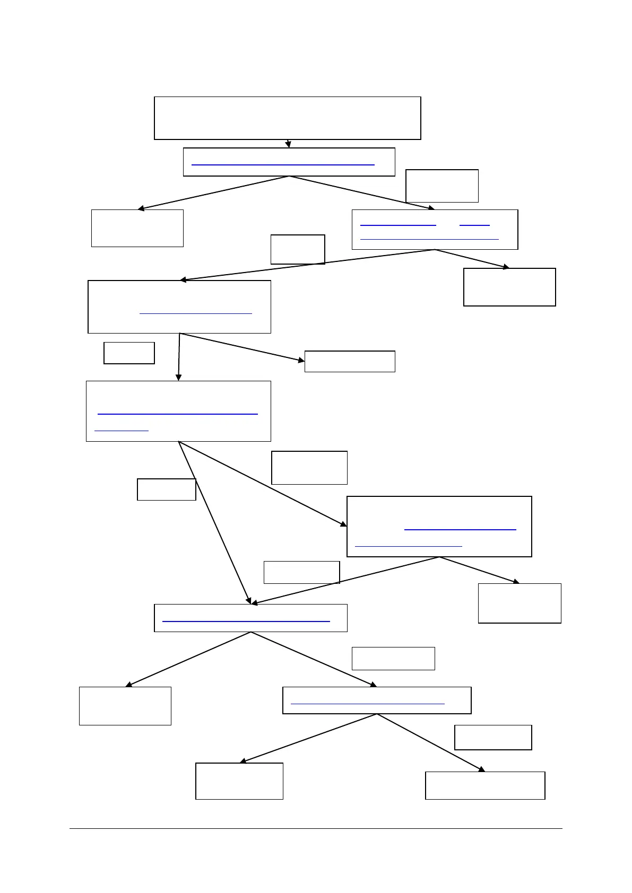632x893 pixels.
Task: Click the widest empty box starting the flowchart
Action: point(287,118)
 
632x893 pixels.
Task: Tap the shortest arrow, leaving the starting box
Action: point(288,143)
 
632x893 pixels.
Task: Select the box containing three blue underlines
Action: point(435,229)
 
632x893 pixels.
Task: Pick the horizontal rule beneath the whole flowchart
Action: point(316,828)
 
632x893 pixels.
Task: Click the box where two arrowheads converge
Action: point(250,618)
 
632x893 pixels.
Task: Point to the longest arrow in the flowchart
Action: point(308,265)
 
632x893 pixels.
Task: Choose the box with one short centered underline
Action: point(179,307)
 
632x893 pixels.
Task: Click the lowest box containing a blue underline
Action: point(377,700)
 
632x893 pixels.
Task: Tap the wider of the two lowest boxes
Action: point(485,785)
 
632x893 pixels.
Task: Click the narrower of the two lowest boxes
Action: point(239,781)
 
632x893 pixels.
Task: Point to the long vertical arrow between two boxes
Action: point(179,356)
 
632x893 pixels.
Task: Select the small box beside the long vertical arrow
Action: point(129,353)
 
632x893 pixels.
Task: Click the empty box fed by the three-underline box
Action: point(509,287)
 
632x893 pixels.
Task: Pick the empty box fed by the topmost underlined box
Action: point(137,228)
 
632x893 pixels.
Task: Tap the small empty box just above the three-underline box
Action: point(442,186)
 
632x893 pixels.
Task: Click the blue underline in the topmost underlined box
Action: point(283,165)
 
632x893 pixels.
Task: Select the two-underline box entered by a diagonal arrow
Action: point(439,526)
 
